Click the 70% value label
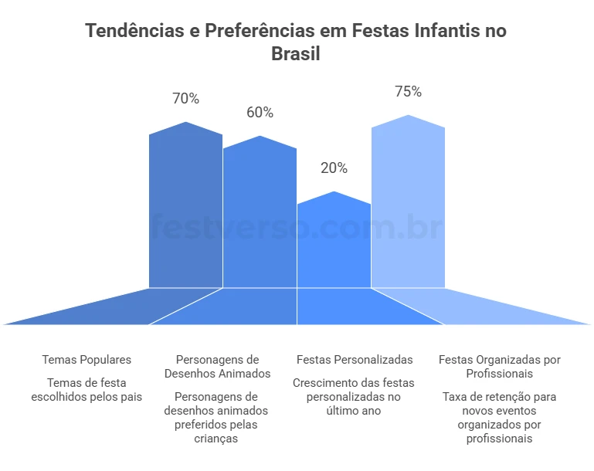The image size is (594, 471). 185,99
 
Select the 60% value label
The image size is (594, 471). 260,113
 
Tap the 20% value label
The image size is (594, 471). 334,168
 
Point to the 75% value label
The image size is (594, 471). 408,92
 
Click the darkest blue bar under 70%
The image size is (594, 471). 185,208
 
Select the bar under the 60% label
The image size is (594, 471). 260,216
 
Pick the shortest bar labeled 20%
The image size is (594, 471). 334,243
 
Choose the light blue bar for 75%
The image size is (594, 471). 408,205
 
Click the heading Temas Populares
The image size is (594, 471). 87,360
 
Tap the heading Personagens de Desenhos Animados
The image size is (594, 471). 217,367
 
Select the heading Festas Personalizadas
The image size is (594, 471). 355,360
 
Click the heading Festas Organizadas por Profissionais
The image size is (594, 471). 499,367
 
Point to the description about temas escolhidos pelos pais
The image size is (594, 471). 87,390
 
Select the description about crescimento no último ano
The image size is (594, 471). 354,397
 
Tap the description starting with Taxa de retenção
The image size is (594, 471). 499,418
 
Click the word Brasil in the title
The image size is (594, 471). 296,56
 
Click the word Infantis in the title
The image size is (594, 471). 436,32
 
